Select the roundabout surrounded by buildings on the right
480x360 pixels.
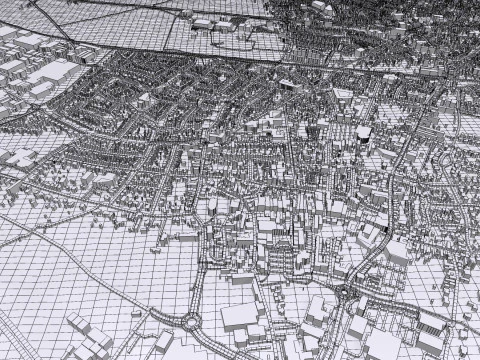pos(346,291)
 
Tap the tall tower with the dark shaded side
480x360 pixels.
pos(363,134)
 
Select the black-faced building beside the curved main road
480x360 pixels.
pos(385,236)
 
